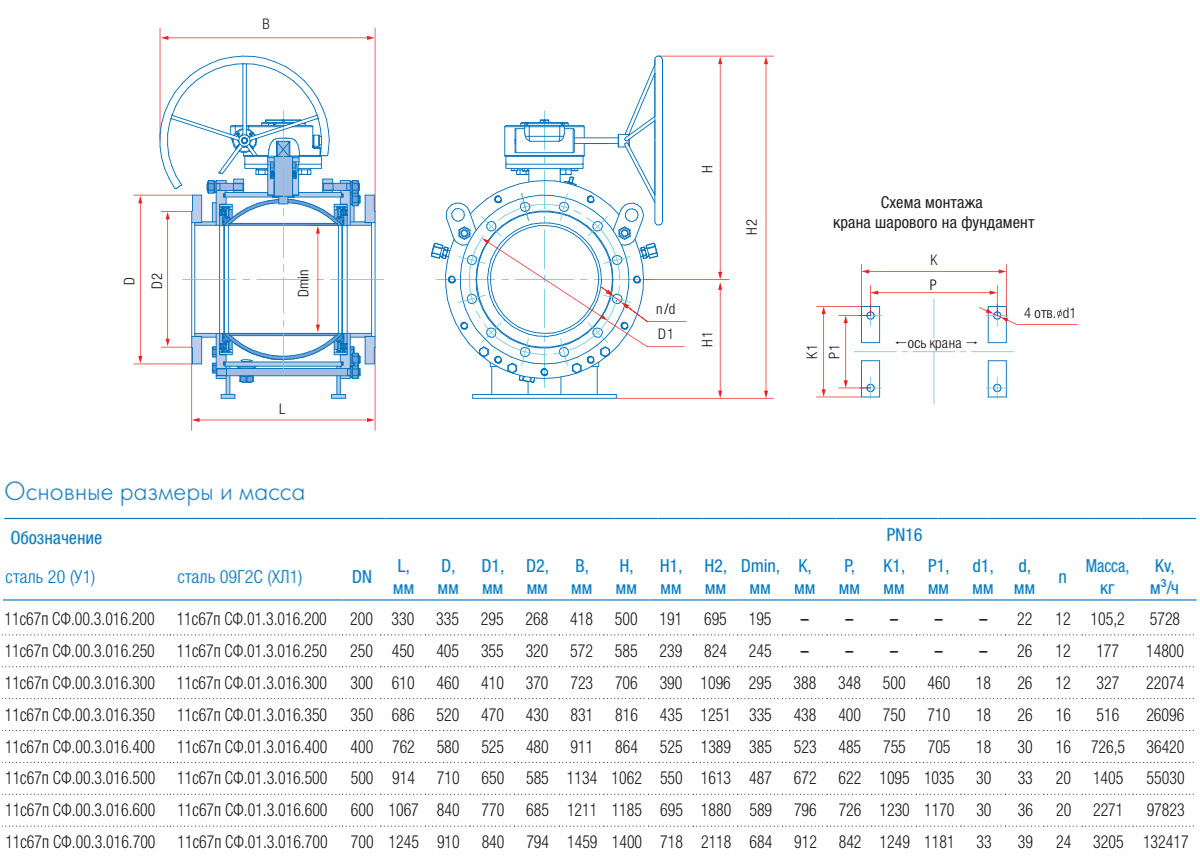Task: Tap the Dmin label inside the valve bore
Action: pyautogui.click(x=304, y=283)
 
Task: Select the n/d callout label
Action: pyautogui.click(x=665, y=308)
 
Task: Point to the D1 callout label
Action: pyautogui.click(x=665, y=333)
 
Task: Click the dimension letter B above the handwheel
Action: pyautogui.click(x=265, y=24)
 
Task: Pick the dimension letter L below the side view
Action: pyautogui.click(x=282, y=409)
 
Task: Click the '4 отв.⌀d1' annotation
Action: pyautogui.click(x=1050, y=314)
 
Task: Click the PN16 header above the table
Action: pyautogui.click(x=904, y=535)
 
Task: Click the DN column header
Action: pyautogui.click(x=361, y=577)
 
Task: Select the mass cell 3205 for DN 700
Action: pyautogui.click(x=1107, y=843)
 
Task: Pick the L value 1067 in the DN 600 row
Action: pyautogui.click(x=402, y=811)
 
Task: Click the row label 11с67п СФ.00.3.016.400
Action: pyautogui.click(x=81, y=747)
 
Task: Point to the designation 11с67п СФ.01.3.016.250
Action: pyautogui.click(x=252, y=651)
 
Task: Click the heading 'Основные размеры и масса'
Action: pyautogui.click(x=155, y=493)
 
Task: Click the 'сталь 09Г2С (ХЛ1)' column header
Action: pyautogui.click(x=239, y=577)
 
